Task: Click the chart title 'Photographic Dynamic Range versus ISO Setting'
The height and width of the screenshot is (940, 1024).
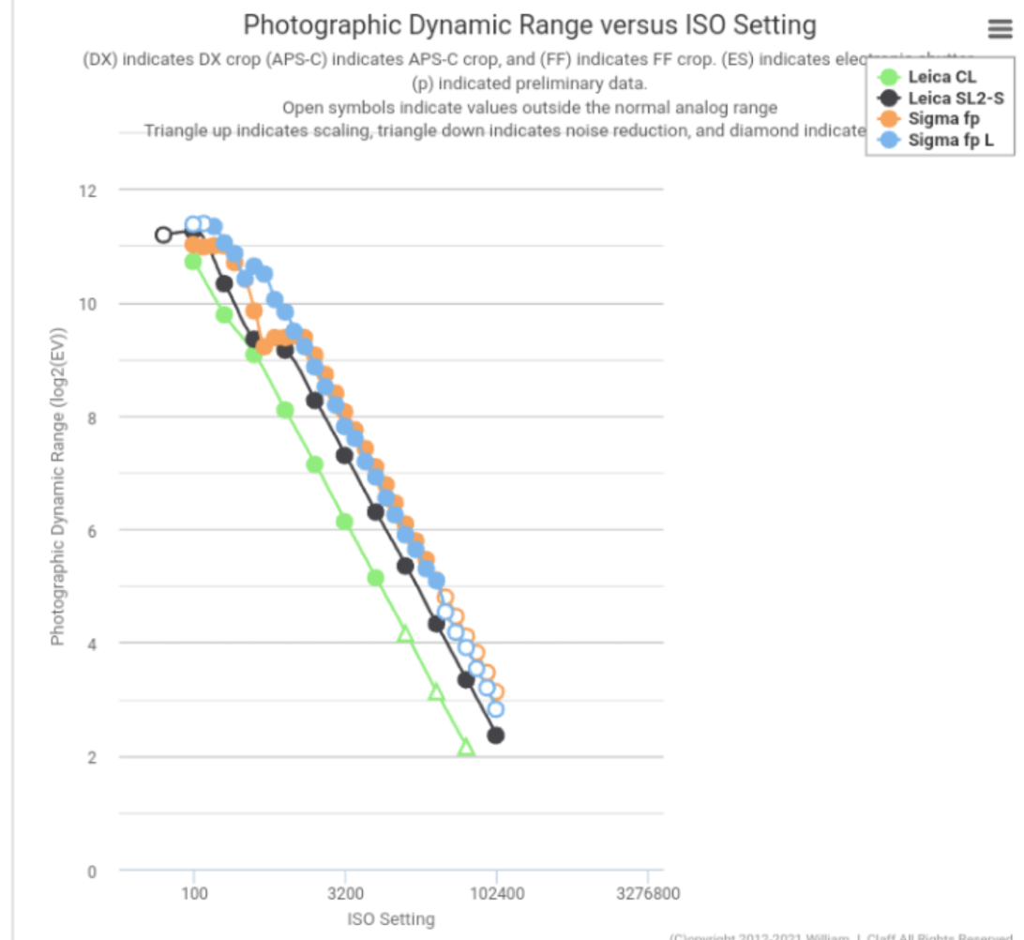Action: click(x=530, y=25)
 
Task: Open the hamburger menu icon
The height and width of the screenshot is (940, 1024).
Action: click(x=1000, y=30)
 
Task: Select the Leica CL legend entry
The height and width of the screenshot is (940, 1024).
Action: click(x=941, y=77)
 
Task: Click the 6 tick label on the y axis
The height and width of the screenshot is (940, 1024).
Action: click(x=91, y=531)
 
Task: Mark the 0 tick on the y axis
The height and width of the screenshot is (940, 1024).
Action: click(x=91, y=871)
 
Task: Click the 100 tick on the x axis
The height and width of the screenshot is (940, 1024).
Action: click(x=194, y=893)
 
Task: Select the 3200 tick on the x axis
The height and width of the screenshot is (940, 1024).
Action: click(x=345, y=893)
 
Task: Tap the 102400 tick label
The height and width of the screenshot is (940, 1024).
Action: click(x=496, y=893)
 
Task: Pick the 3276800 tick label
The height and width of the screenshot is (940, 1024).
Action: click(x=648, y=893)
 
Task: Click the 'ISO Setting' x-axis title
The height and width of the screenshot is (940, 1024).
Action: click(x=391, y=918)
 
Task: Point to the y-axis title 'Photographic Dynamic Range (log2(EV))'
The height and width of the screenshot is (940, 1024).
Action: click(x=58, y=486)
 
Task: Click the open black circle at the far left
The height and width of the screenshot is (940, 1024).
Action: click(x=163, y=235)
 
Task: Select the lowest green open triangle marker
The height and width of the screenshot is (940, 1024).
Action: click(x=466, y=748)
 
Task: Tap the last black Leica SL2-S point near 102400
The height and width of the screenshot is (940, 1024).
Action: click(x=496, y=735)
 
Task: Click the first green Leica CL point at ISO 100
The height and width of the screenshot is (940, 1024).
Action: click(x=193, y=261)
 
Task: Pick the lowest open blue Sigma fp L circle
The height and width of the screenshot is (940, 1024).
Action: click(x=496, y=709)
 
